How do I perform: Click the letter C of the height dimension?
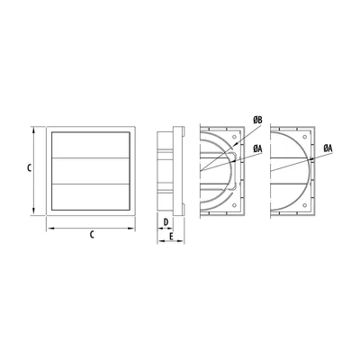29,168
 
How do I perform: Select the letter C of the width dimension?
92,235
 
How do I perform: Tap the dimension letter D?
166,222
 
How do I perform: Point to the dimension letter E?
171,237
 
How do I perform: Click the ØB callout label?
257,121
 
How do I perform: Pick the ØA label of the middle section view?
257,148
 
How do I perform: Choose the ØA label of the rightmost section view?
328,148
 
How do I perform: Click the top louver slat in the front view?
91,145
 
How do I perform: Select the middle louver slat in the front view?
91,171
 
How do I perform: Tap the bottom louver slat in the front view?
91,197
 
